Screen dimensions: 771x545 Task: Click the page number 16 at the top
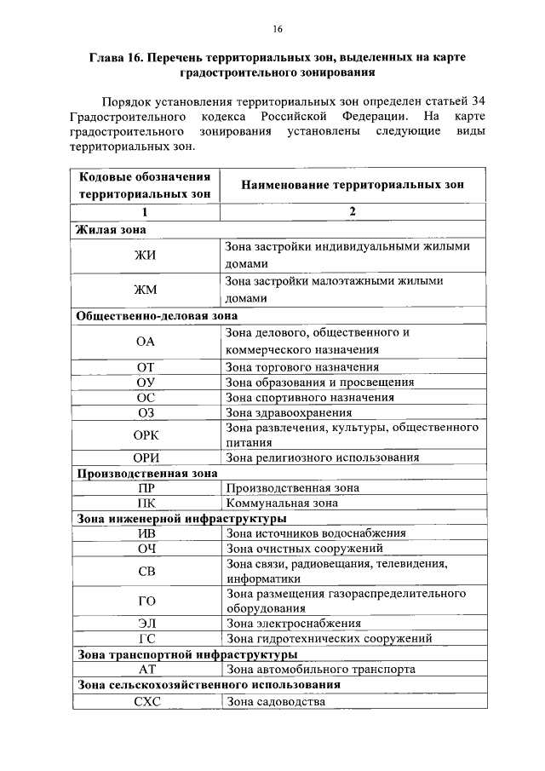tap(277, 29)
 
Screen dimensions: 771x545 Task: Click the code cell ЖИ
tap(146, 256)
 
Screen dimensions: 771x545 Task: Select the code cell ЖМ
tap(146, 290)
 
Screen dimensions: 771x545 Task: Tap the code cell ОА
tap(146, 341)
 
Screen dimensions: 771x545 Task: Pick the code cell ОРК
tap(146, 434)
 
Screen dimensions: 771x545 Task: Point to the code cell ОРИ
tap(146, 457)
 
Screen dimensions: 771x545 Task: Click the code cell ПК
tap(146, 503)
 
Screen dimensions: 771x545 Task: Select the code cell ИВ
tap(146, 533)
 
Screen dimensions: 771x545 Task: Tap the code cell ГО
tap(146, 601)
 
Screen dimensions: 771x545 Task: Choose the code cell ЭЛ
tap(146, 624)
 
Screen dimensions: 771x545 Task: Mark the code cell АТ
tap(146, 670)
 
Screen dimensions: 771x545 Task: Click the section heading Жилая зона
tap(111, 230)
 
